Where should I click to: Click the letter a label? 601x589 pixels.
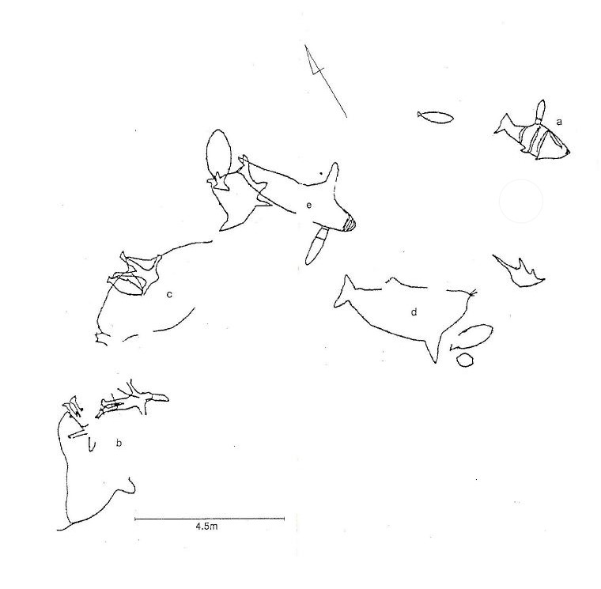tap(559, 123)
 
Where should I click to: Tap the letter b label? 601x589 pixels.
tap(119, 444)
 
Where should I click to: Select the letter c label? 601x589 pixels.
tap(169, 294)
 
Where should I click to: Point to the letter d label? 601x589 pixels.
tap(414, 312)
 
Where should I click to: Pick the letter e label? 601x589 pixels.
tap(309, 205)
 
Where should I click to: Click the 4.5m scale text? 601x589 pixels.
tap(206, 527)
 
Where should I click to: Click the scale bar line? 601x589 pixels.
tap(210, 519)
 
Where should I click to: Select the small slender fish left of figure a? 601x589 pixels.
tap(436, 117)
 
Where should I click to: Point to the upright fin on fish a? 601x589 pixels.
tap(540, 111)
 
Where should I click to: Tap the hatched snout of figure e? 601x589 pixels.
tap(350, 223)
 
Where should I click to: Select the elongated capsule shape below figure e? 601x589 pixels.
tap(316, 247)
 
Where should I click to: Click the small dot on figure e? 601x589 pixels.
tap(321, 173)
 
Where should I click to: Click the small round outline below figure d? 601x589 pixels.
tap(465, 361)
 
